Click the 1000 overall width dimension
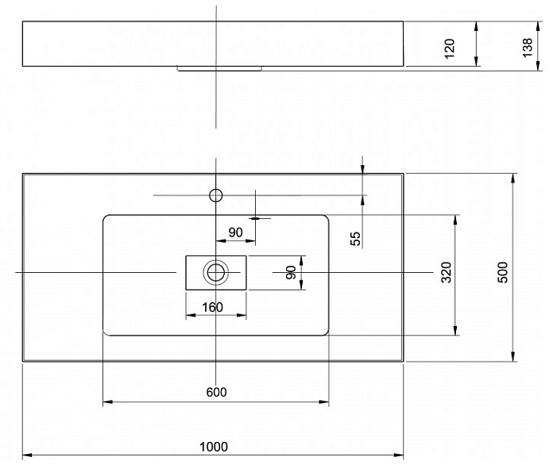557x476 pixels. pyautogui.click(x=214, y=447)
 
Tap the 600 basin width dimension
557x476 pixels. pyautogui.click(x=216, y=392)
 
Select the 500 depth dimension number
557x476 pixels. pyautogui.click(x=503, y=272)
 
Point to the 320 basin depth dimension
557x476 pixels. pyautogui.click(x=447, y=272)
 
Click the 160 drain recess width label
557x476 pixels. pyautogui.click(x=212, y=307)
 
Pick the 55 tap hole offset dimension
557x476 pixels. pyautogui.click(x=356, y=239)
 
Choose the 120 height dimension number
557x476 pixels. pyautogui.click(x=450, y=48)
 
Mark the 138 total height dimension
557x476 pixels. pyautogui.click(x=528, y=47)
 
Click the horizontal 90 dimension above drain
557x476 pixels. pyautogui.click(x=235, y=232)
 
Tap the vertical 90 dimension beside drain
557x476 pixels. pyautogui.click(x=291, y=272)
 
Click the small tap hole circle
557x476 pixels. pyautogui.click(x=216, y=195)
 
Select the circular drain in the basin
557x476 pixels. pyautogui.click(x=216, y=272)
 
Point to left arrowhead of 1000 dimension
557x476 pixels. pyautogui.click(x=27, y=455)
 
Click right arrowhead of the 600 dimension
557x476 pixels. pyautogui.click(x=324, y=402)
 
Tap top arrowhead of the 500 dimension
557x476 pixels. pyautogui.click(x=513, y=178)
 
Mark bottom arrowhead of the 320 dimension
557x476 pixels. pyautogui.click(x=455, y=330)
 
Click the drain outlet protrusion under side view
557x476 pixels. pyautogui.click(x=219, y=68)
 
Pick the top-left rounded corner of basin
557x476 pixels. pyautogui.click(x=106, y=217)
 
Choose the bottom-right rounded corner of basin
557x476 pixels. pyautogui.click(x=326, y=332)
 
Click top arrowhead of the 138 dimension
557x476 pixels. pyautogui.click(x=539, y=26)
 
